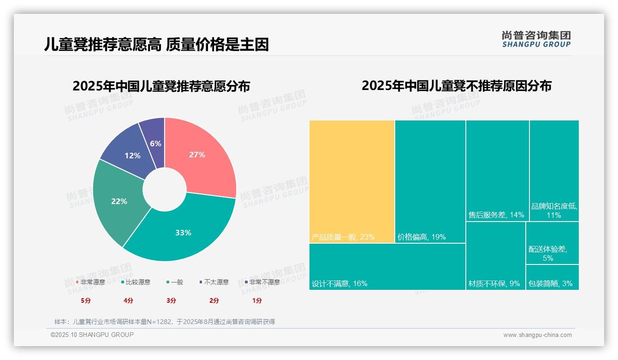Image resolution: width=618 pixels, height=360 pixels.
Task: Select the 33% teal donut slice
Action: click(x=184, y=231)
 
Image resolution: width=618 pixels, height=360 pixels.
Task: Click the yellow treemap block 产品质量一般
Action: click(x=352, y=180)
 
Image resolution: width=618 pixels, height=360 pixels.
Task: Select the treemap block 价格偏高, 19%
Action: click(x=430, y=180)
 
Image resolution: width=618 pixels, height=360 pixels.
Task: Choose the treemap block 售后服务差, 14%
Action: click(x=497, y=171)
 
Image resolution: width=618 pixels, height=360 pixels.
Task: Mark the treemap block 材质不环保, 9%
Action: click(x=495, y=256)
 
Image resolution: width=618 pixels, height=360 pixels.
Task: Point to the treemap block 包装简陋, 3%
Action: click(x=552, y=277)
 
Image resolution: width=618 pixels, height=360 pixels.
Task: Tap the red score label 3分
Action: click(x=171, y=300)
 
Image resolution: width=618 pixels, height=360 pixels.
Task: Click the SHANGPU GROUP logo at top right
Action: click(x=536, y=39)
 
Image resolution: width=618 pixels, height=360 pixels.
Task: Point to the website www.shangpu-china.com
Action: click(x=537, y=335)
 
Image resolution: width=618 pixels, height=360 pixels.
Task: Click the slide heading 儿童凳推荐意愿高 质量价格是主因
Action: click(x=156, y=45)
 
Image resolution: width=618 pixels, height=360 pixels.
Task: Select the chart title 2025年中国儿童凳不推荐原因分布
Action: click(x=456, y=86)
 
